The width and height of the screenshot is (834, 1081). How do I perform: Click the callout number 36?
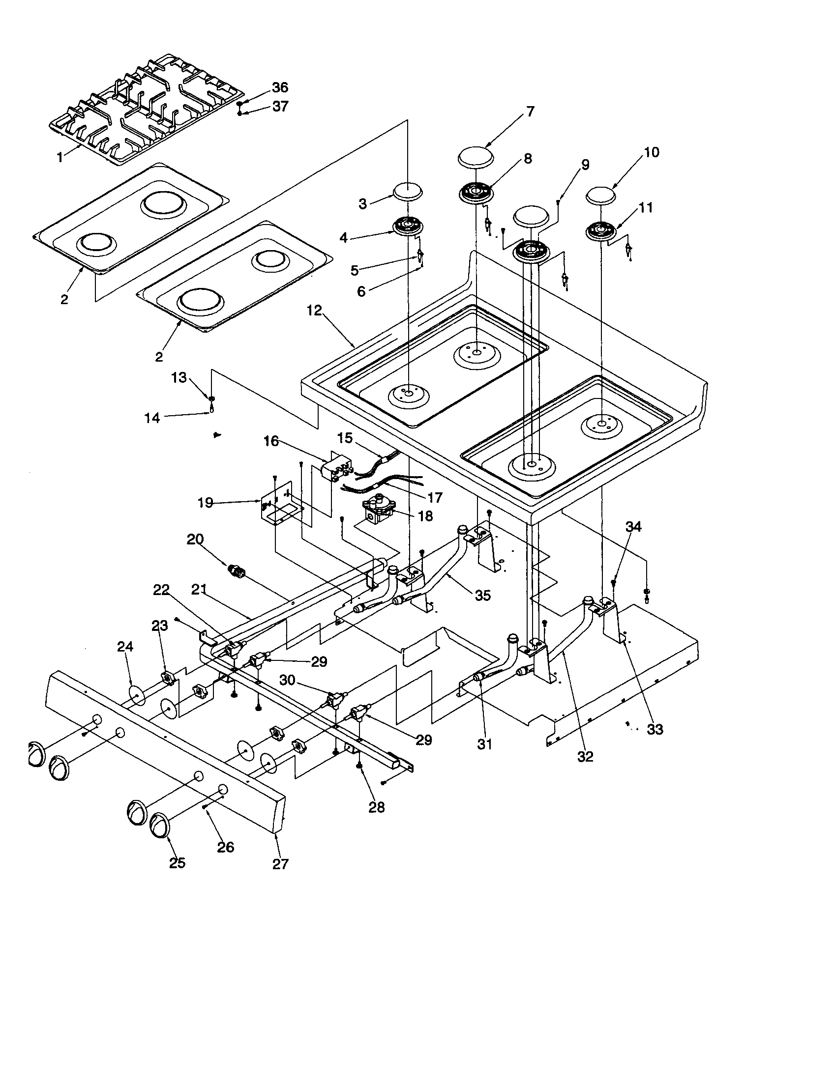click(x=279, y=87)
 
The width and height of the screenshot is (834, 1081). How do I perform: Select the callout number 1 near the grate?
click(x=60, y=158)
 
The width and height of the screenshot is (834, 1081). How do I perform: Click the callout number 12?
click(x=314, y=311)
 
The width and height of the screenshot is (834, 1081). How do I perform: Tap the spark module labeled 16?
click(x=337, y=467)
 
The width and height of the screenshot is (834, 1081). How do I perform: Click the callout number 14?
click(x=152, y=418)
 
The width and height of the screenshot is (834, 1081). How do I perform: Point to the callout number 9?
click(x=585, y=165)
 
